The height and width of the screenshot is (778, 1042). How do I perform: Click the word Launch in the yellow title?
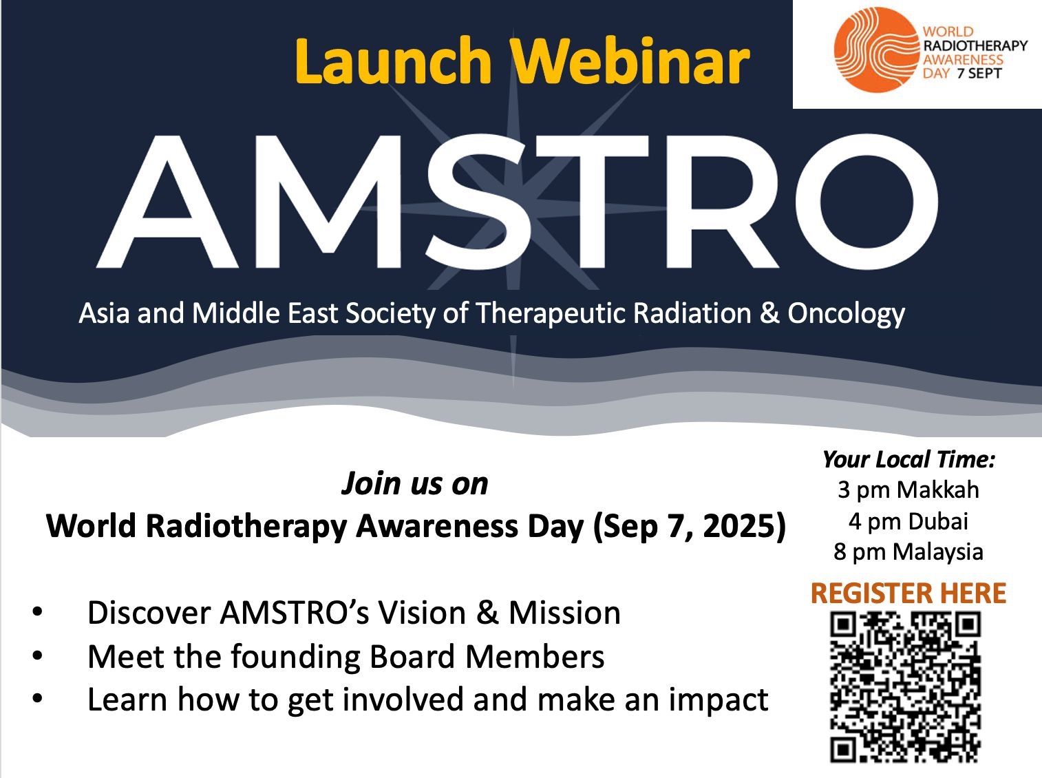click(x=393, y=61)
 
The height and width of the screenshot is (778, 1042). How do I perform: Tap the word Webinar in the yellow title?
click(x=631, y=61)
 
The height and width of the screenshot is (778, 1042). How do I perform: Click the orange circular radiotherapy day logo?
click(x=876, y=50)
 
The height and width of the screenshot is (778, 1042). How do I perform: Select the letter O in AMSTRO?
click(x=866, y=202)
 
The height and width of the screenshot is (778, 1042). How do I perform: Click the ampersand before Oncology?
click(x=769, y=313)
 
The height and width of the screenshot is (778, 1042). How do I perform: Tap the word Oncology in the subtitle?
click(x=847, y=315)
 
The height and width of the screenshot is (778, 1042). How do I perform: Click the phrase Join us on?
click(x=414, y=484)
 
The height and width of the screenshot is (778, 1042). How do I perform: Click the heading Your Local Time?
click(x=908, y=459)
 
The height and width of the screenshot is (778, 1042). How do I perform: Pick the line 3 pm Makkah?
click(x=908, y=490)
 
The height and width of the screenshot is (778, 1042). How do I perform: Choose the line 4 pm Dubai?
click(x=908, y=521)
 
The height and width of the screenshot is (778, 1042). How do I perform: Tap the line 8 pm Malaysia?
click(x=908, y=552)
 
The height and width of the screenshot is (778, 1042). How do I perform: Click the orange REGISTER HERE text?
click(x=908, y=593)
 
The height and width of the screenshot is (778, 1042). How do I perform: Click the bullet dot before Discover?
click(x=37, y=612)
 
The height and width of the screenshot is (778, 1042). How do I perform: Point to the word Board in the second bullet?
click(x=412, y=657)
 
